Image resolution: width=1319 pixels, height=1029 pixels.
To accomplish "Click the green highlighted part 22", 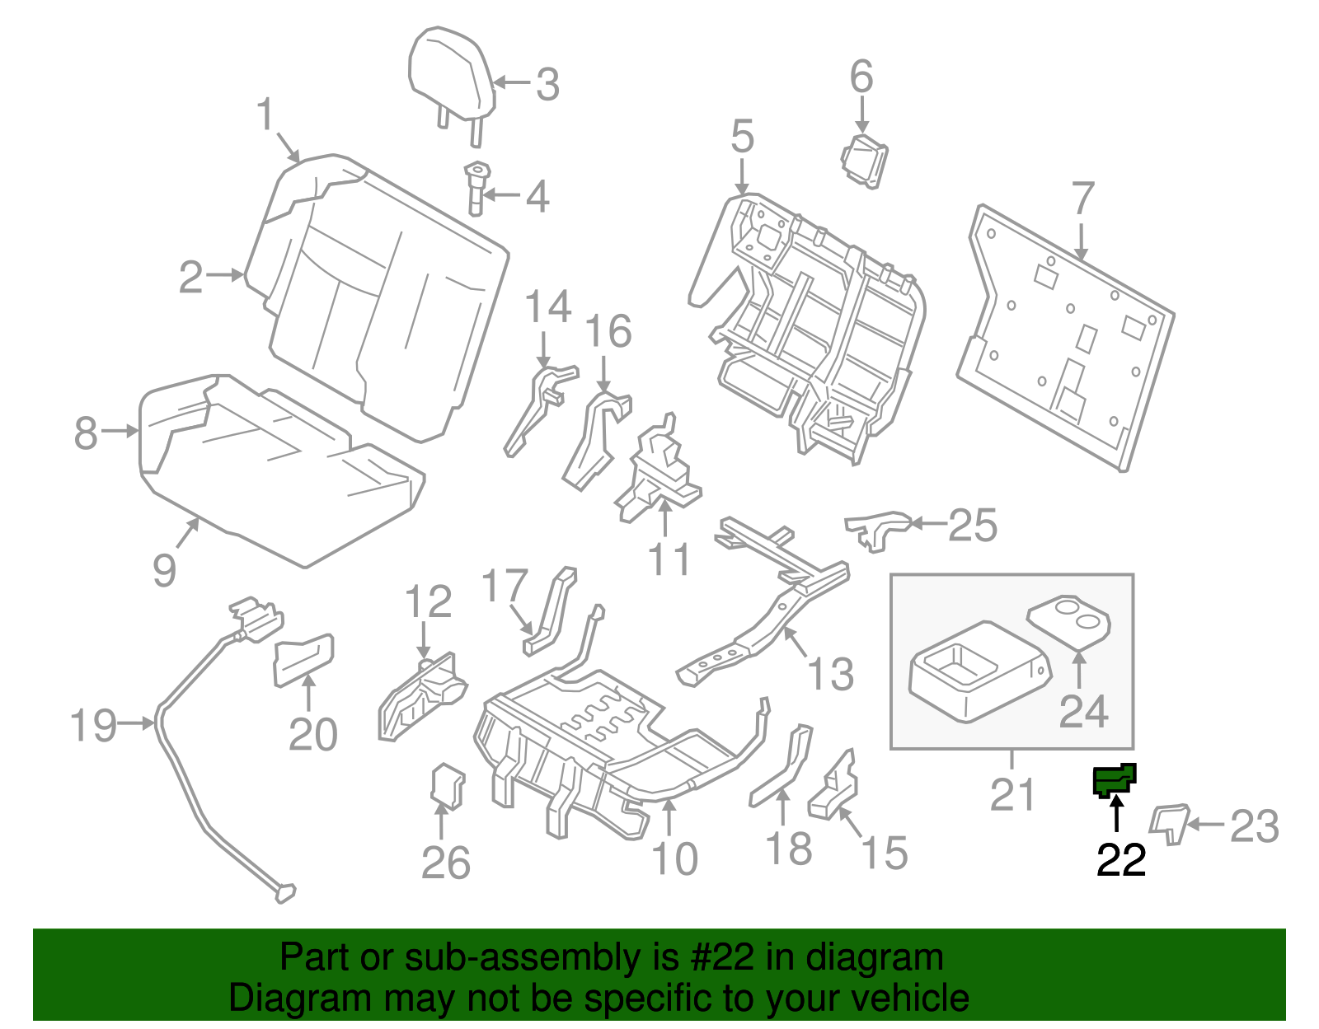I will tap(1114, 779).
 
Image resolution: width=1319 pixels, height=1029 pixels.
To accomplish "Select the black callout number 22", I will tap(1120, 860).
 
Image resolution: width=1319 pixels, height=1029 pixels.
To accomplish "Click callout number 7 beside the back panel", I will tap(1082, 199).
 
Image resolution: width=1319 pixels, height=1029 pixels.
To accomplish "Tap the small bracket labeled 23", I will tap(1169, 823).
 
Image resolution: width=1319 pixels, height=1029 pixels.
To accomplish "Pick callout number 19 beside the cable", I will tap(93, 725).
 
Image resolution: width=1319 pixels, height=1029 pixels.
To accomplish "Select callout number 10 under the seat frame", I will tap(674, 859).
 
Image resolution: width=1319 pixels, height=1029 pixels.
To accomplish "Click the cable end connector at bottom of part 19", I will tap(284, 892).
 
